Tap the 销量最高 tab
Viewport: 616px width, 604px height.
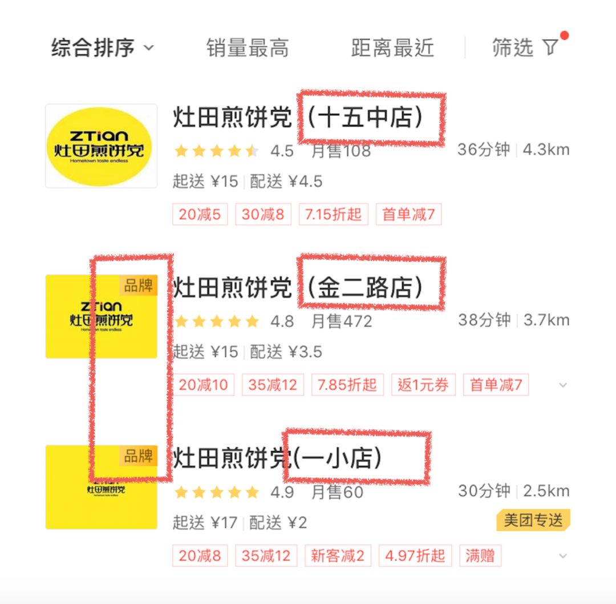(248, 48)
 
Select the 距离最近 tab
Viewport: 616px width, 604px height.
(392, 48)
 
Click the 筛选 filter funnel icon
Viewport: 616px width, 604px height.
(550, 47)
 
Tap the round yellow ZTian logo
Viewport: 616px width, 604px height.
(101, 146)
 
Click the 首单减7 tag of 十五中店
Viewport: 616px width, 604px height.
(408, 215)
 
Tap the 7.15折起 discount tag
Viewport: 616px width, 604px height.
(333, 215)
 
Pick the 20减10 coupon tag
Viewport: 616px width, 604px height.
(204, 385)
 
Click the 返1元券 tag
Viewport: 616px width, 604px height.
(423, 385)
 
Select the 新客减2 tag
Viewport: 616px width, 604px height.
(337, 555)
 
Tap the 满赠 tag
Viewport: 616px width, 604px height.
(480, 555)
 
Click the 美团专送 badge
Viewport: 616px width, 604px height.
(533, 520)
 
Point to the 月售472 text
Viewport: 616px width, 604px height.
(342, 321)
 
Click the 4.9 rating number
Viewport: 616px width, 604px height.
(282, 492)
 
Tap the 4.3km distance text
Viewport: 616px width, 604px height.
(546, 150)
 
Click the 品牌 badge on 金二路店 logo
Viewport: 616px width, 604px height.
(139, 285)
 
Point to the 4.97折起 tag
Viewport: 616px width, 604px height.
(415, 555)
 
